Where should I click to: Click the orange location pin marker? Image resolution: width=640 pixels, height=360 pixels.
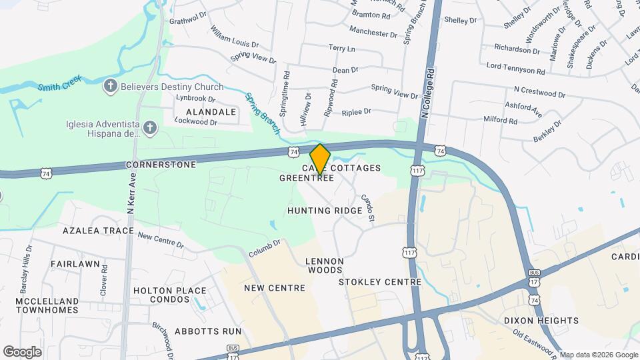(320, 159)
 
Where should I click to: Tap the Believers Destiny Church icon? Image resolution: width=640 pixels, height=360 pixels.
(111, 86)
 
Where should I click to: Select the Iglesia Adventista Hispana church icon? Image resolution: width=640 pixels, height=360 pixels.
(151, 127)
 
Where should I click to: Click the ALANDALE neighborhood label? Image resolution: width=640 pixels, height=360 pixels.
(211, 112)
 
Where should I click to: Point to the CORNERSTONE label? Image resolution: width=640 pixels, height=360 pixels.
(161, 165)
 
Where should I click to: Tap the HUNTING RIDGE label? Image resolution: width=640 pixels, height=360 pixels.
(325, 211)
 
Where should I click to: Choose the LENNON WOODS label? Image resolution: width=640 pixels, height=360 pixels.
(325, 265)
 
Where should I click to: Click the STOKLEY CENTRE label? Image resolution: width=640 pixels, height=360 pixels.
(380, 282)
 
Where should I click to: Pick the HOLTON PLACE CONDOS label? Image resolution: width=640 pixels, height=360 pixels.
(169, 295)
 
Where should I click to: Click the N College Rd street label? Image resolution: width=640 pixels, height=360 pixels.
(427, 93)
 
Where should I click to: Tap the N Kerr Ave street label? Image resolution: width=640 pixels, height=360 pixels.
(132, 193)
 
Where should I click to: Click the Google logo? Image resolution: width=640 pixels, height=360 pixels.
(22, 351)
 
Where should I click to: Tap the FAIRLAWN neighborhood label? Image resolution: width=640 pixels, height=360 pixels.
(75, 264)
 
